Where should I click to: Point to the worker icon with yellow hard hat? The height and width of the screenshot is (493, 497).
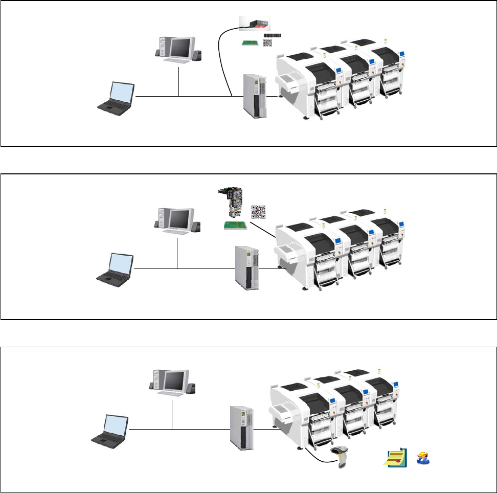tap(422, 458)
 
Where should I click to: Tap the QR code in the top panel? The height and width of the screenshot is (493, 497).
tap(268, 44)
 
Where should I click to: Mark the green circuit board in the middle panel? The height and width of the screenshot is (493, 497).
tap(235, 225)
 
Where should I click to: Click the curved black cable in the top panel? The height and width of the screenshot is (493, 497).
tap(223, 61)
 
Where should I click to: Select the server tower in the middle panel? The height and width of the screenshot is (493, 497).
tap(247, 268)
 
